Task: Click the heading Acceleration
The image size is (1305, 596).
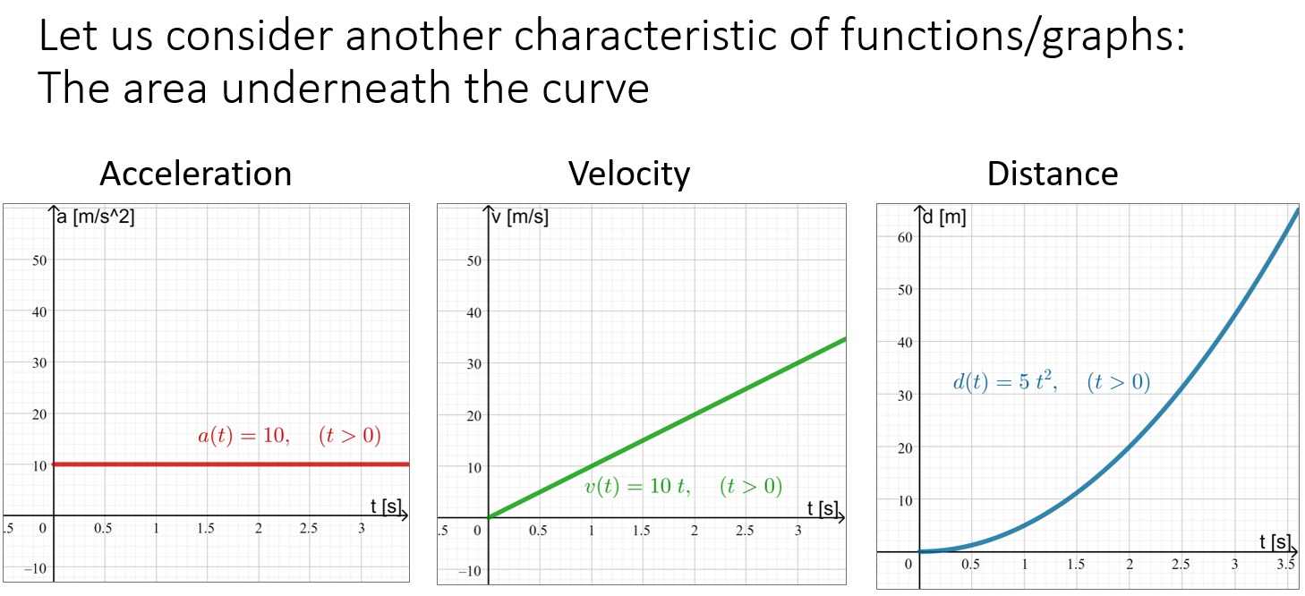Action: (x=195, y=174)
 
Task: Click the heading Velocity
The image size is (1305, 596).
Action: (x=629, y=174)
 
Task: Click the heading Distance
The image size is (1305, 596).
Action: (x=1053, y=174)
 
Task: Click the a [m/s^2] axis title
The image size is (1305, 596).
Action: (x=96, y=217)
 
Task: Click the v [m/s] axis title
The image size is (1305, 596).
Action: (x=520, y=217)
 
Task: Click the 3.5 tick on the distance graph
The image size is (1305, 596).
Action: (x=1285, y=565)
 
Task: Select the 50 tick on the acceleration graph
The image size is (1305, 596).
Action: (x=39, y=260)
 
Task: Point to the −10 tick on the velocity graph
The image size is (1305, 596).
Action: (x=470, y=571)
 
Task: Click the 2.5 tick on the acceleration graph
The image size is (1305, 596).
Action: (x=309, y=529)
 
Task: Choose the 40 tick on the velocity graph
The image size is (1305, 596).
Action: (x=473, y=312)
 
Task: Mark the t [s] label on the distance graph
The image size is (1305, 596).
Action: (x=1275, y=541)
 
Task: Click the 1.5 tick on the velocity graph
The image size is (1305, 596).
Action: (x=641, y=531)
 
